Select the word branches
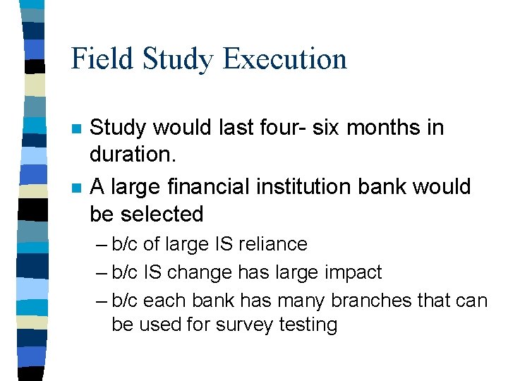pos(362,301)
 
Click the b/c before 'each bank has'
pos(126,301)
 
